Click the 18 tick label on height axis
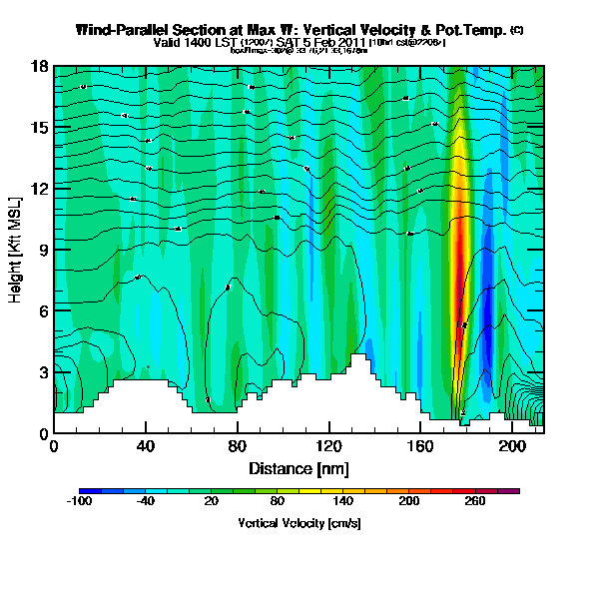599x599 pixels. click(x=40, y=67)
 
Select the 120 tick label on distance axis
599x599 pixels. click(x=328, y=445)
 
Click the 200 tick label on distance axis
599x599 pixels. click(x=511, y=445)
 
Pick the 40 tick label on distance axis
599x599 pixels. click(x=146, y=445)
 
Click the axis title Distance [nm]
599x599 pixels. click(x=299, y=467)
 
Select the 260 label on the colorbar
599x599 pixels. click(x=475, y=501)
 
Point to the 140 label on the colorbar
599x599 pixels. click(x=343, y=501)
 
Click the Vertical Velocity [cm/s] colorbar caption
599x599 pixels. click(x=299, y=522)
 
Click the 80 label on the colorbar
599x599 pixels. click(x=278, y=501)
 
